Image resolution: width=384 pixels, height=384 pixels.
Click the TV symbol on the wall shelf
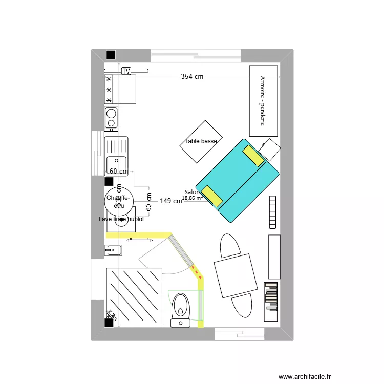126,71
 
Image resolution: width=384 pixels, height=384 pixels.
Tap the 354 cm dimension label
192,77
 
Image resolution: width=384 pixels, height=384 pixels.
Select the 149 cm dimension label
170,201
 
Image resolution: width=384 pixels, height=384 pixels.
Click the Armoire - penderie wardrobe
264,101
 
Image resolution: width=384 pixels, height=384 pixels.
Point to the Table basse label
201,141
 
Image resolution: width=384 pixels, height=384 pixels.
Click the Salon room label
190,193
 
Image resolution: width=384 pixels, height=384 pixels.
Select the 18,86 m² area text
193,198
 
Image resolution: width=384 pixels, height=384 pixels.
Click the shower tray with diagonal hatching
134,296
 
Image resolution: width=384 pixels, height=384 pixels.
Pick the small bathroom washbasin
114,250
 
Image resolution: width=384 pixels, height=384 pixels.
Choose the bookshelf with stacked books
271,296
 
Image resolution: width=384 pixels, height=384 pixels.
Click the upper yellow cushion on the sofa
254,156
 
